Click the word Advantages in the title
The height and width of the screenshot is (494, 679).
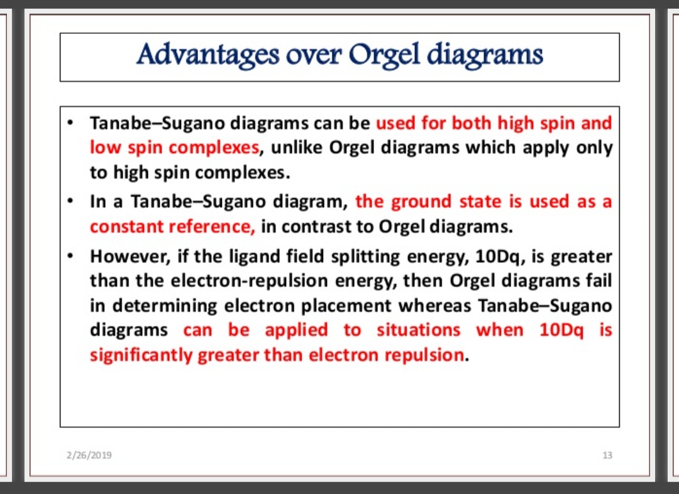[x=208, y=55]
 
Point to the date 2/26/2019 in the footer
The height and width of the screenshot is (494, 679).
[x=89, y=455]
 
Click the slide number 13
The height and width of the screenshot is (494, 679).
[x=607, y=455]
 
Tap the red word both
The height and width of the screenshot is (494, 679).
[x=472, y=123]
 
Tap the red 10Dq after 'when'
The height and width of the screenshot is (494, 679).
[x=561, y=331]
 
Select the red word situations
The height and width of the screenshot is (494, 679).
[x=418, y=331]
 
